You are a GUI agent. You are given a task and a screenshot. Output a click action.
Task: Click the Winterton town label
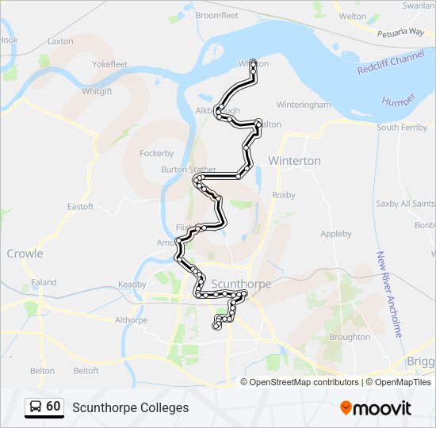[294, 161]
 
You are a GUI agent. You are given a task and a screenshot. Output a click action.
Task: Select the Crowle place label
[25, 254]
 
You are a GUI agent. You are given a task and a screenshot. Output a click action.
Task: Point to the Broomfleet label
[216, 15]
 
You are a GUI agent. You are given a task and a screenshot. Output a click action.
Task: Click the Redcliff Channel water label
[391, 59]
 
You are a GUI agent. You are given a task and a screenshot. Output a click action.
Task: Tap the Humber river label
[397, 101]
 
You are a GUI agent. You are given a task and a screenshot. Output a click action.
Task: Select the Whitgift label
[98, 91]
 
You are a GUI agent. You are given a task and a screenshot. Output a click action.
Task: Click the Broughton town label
[350, 337]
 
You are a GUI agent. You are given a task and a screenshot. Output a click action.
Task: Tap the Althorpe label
[131, 320]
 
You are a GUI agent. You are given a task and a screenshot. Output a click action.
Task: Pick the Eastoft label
[80, 207]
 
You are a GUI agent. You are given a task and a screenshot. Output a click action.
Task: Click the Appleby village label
[335, 234]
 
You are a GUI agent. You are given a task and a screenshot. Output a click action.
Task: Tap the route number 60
[53, 407]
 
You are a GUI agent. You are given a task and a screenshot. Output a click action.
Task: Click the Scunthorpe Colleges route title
[131, 407]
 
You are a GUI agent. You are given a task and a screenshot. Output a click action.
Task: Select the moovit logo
[376, 407]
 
